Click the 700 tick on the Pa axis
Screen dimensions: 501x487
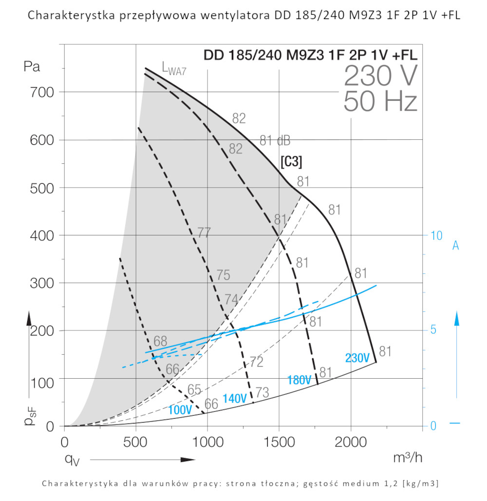[x=44, y=92]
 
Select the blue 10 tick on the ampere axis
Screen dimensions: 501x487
[x=436, y=235]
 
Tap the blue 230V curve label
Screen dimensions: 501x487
[x=357, y=358]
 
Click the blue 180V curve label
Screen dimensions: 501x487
[x=299, y=380]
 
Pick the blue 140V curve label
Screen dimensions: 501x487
[x=234, y=398]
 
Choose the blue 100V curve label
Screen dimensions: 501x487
[x=180, y=410]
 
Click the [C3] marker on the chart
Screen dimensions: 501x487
[x=291, y=161]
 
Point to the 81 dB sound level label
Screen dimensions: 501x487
[x=275, y=141]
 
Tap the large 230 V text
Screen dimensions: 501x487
[x=380, y=76]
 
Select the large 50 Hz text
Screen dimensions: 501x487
[x=380, y=102]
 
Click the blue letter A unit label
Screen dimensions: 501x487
[x=456, y=246]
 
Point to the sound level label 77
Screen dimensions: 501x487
[x=204, y=233]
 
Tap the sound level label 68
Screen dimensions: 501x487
[x=160, y=341]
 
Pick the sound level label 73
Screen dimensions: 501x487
[x=262, y=393]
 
